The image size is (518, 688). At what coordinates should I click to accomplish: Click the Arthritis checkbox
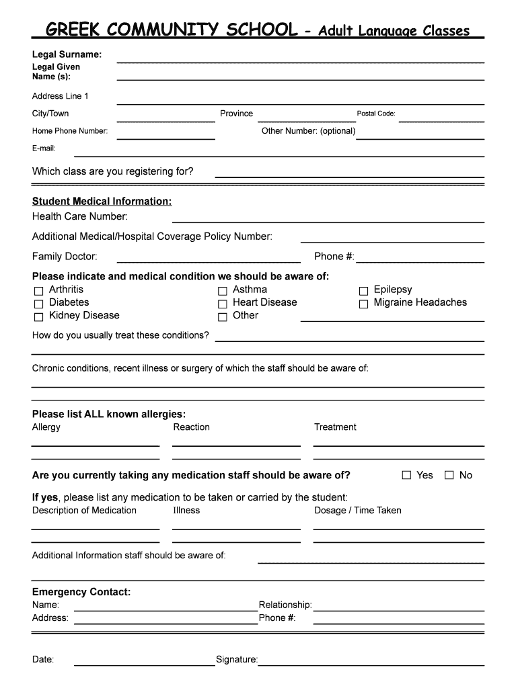tap(38, 291)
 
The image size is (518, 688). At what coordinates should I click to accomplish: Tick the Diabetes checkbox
tap(38, 304)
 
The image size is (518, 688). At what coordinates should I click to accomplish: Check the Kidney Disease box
tap(38, 316)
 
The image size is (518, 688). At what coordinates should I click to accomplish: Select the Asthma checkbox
tap(222, 291)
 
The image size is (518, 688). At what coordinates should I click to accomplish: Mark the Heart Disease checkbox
tap(222, 304)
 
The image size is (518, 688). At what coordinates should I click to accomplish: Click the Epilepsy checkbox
tap(363, 291)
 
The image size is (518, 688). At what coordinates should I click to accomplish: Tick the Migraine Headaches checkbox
tap(363, 304)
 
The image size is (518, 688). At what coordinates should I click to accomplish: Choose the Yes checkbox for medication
tap(406, 475)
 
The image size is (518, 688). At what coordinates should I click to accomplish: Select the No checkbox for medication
tap(449, 475)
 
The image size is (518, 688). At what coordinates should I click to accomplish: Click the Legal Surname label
tap(67, 54)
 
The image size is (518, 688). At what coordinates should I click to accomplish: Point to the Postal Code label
tap(375, 114)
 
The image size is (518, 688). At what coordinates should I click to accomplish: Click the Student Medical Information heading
tap(102, 202)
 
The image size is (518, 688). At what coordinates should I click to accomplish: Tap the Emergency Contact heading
tap(81, 592)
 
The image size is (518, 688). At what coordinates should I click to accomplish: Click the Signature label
tap(236, 660)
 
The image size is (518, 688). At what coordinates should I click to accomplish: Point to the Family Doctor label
tap(65, 256)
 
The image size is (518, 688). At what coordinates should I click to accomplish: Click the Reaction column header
tap(191, 427)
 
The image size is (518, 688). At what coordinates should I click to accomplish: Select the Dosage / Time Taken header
tap(357, 510)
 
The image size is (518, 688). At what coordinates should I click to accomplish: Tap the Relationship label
tap(285, 605)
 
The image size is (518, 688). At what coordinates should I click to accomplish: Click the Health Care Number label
tap(80, 216)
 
